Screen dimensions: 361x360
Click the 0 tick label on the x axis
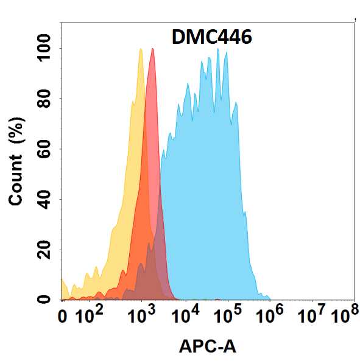pyautogui.click(x=62, y=317)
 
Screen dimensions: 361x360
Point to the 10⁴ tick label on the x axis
pyautogui.click(x=187, y=315)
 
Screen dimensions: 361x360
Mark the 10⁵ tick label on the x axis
pyautogui.click(x=228, y=315)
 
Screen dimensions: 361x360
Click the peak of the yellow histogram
pyautogui.click(x=141, y=49)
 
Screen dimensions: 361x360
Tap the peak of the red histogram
pyautogui.click(x=152, y=49)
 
